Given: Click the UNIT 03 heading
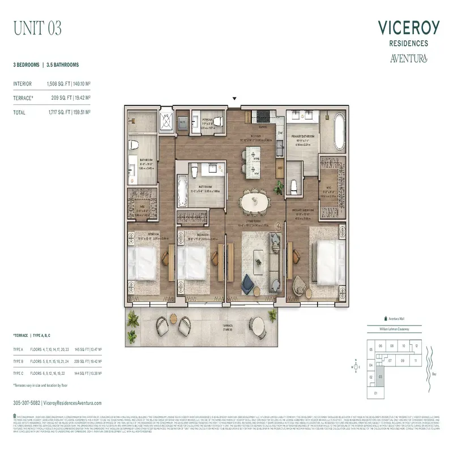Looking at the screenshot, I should pyautogui.click(x=37, y=28).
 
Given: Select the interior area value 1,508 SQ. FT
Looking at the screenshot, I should pyautogui.click(x=63, y=84).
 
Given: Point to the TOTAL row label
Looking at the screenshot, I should pyautogui.click(x=19, y=113).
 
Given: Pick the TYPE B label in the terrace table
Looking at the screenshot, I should pyautogui.click(x=19, y=360).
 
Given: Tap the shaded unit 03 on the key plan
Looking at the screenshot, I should pyautogui.click(x=380, y=375).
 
